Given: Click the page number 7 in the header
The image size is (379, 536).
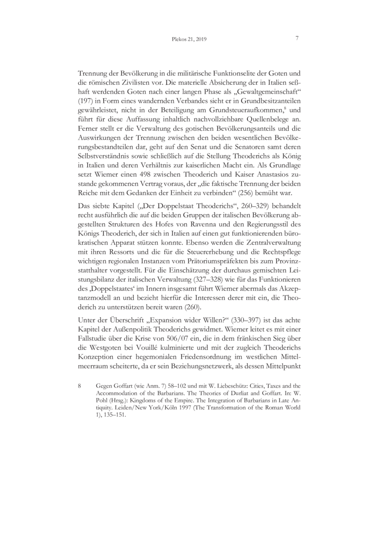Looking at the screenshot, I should click(x=296, y=38).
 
